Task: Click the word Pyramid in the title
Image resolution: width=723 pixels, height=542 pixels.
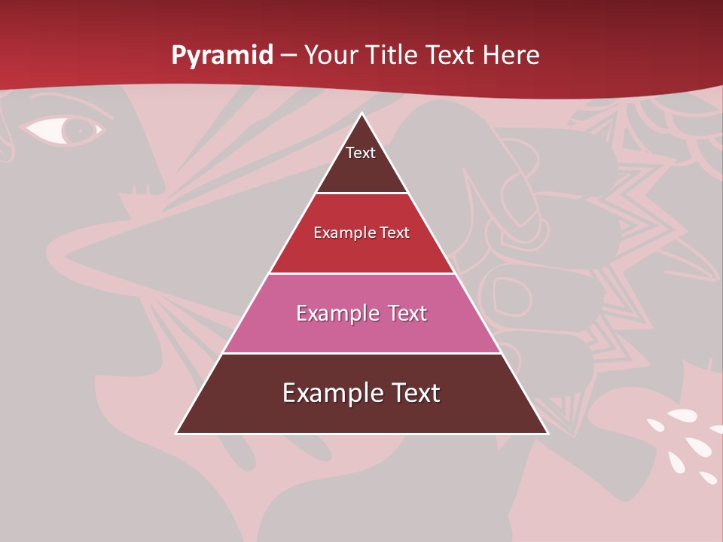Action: tap(222, 56)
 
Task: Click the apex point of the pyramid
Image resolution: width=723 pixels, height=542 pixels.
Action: tap(361, 114)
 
